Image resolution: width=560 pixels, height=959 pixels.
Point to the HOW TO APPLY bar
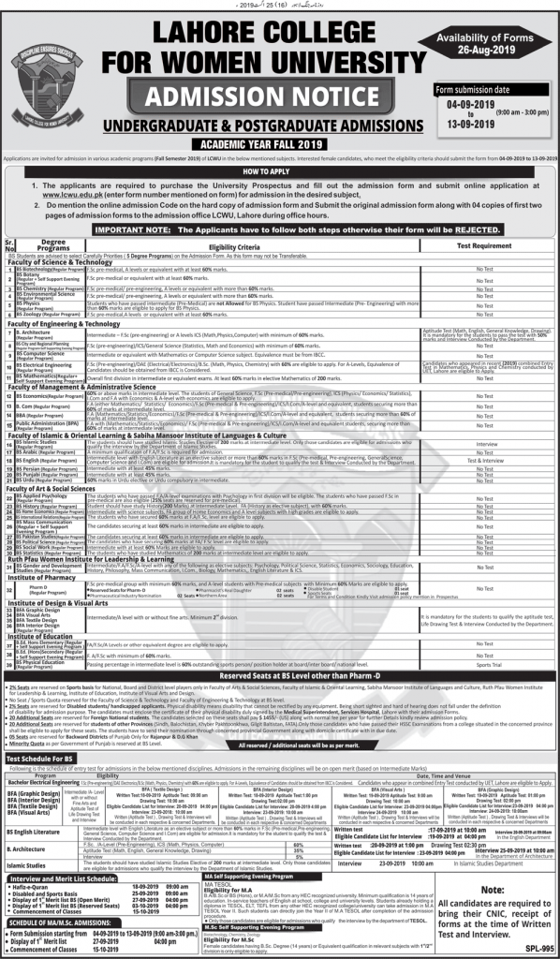pyautogui.click(x=280, y=173)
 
